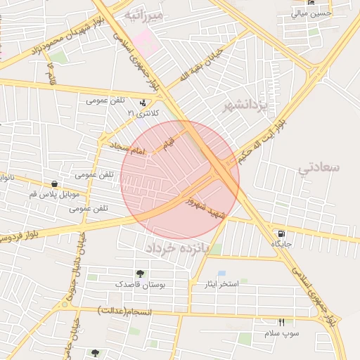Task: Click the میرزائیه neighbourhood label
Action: pyautogui.click(x=143, y=13)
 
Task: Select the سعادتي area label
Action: pyautogui.click(x=319, y=167)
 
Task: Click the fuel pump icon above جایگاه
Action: pyautogui.click(x=282, y=233)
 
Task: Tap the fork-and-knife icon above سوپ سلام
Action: pyautogui.click(x=282, y=322)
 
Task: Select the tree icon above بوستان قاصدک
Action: pyautogui.click(x=139, y=274)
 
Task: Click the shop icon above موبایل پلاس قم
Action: pyautogui.click(x=54, y=184)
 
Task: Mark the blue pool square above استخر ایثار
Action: pyautogui.click(x=221, y=273)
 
